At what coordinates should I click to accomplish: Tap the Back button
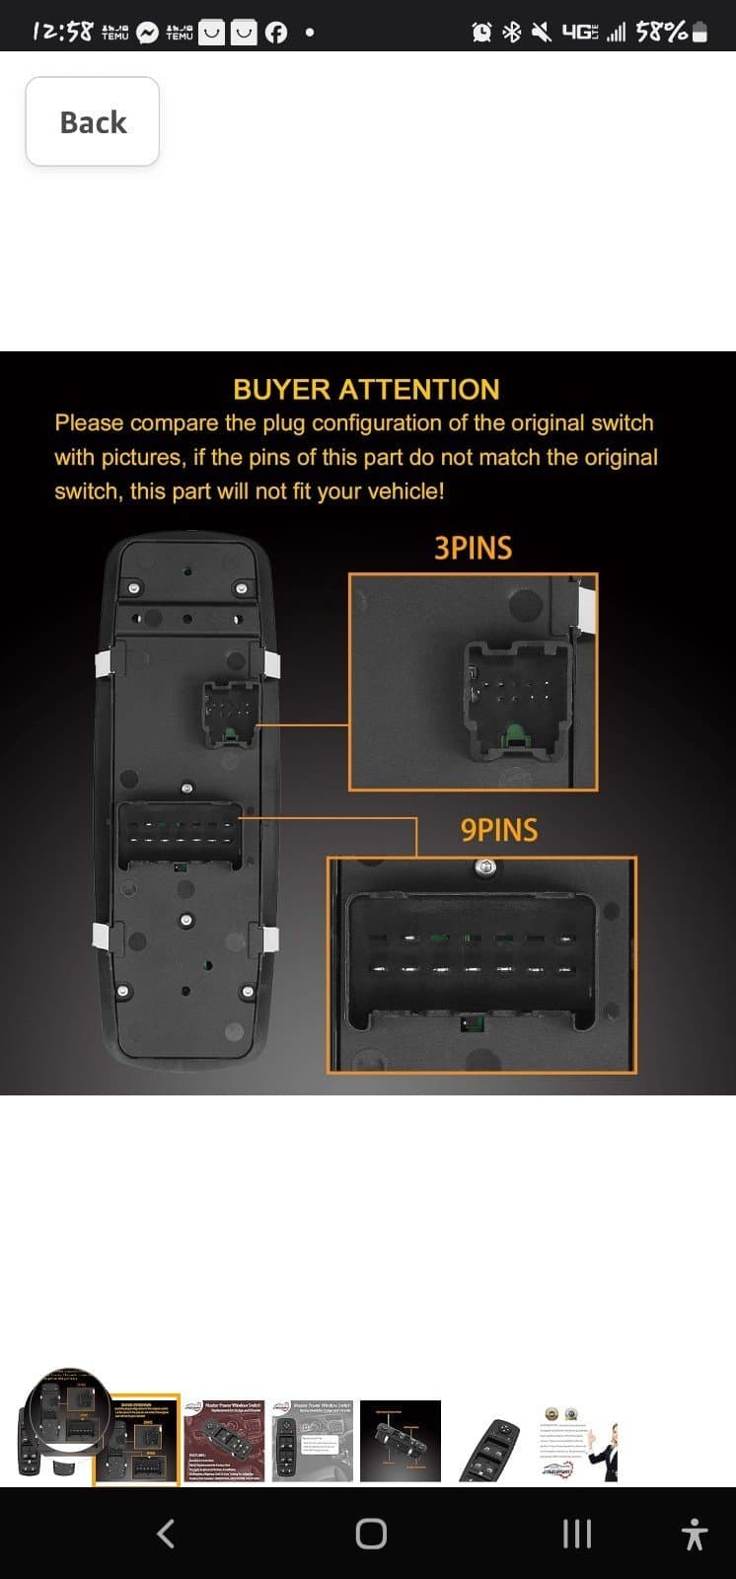(x=93, y=121)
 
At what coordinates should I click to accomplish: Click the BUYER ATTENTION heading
(x=366, y=389)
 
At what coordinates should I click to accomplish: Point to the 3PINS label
(x=473, y=549)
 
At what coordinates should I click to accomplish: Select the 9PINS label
(x=499, y=830)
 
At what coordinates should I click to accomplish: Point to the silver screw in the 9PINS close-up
(x=483, y=867)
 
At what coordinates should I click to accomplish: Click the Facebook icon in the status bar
(x=276, y=33)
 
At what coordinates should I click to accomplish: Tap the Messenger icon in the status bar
(x=148, y=33)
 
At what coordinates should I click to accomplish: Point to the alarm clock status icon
(x=481, y=33)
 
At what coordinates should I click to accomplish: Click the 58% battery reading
(x=661, y=32)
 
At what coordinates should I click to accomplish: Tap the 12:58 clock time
(x=62, y=32)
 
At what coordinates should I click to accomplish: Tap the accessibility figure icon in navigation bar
(x=695, y=1534)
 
